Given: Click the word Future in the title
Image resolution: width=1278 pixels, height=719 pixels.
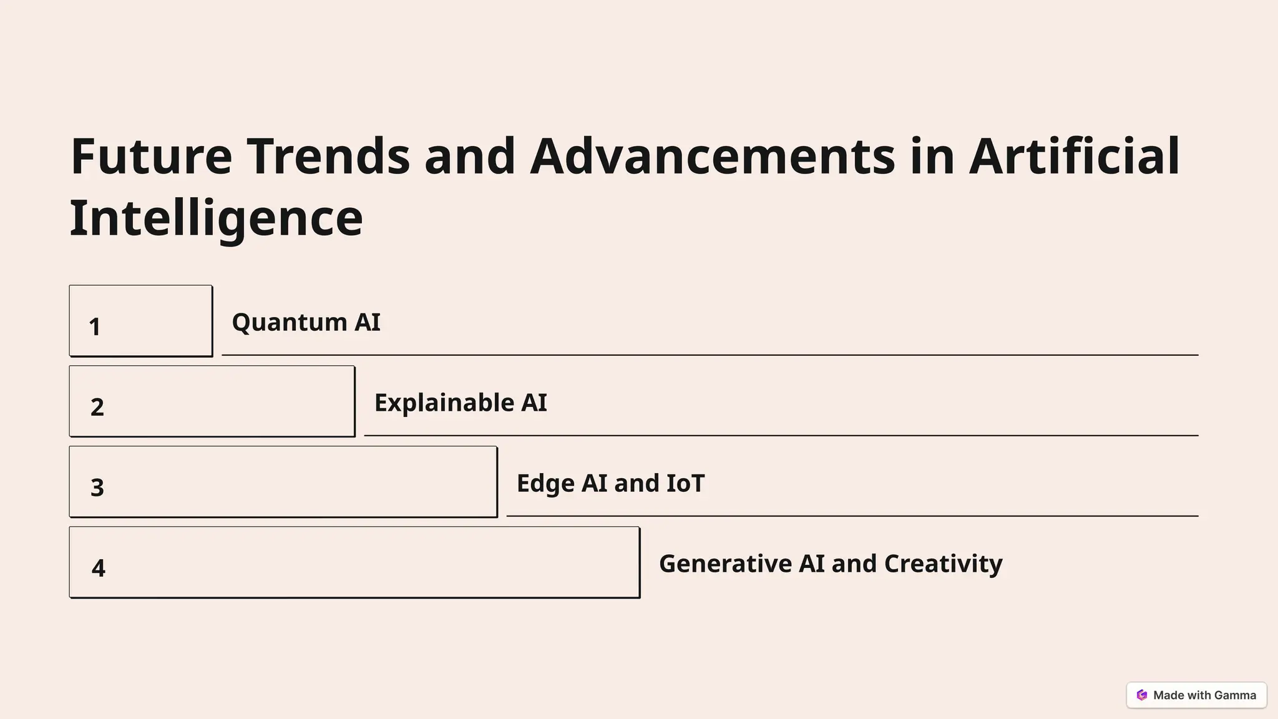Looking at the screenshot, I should click(152, 156).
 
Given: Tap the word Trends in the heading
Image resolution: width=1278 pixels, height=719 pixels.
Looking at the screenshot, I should click(328, 156).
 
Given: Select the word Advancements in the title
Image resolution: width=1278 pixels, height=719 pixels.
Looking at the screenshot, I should click(712, 156).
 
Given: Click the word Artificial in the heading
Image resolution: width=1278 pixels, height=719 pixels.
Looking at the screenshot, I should click(1074, 156).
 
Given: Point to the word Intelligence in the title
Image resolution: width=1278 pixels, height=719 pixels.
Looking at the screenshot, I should click(216, 218).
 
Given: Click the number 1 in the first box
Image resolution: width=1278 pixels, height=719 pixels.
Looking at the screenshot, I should click(95, 327).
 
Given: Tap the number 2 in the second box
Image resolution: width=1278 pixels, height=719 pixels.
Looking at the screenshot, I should click(97, 408).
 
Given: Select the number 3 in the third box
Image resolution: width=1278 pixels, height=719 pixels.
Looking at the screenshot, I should click(97, 488).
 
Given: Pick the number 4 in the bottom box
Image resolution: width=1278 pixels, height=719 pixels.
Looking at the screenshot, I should click(98, 569).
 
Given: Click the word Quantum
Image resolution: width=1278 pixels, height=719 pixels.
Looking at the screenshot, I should click(290, 323).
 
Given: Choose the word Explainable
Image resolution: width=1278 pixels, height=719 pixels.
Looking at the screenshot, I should click(444, 403).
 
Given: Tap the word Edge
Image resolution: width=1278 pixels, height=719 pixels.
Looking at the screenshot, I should click(545, 484).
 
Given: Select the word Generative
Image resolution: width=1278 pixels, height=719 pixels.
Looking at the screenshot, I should click(725, 564).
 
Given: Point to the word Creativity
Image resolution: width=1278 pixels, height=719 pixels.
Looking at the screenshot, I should click(943, 564).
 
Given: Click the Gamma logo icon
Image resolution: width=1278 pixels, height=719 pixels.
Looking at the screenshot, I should click(1142, 695).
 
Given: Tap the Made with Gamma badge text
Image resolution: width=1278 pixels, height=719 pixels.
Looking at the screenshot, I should click(1204, 695).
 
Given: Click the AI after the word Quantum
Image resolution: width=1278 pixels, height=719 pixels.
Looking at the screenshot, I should click(368, 323).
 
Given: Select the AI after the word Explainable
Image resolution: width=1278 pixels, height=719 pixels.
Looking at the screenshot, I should click(534, 403).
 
